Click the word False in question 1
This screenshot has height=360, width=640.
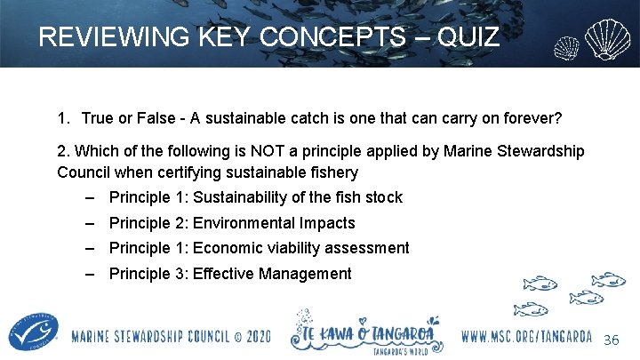click(164, 118)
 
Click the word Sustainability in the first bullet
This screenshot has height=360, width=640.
click(244, 197)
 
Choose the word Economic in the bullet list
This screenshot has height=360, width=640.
click(227, 248)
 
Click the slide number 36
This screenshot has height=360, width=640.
click(612, 340)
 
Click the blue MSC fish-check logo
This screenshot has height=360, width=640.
click(30, 333)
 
